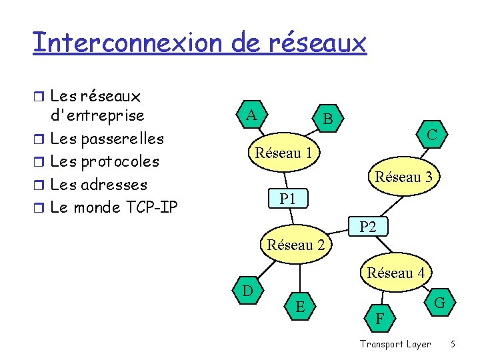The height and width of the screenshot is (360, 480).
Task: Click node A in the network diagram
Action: (x=251, y=115)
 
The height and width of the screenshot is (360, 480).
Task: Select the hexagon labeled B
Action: (x=327, y=119)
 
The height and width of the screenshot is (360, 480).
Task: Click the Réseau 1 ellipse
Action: (x=283, y=153)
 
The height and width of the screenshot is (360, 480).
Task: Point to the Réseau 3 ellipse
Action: (x=403, y=177)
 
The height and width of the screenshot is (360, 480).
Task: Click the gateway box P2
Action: (x=368, y=227)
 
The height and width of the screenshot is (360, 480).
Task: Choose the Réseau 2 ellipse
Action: (x=295, y=245)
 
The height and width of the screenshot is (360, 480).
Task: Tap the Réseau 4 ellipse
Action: (x=395, y=273)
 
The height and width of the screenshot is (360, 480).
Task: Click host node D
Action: (x=247, y=291)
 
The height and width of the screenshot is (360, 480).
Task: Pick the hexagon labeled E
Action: (x=301, y=306)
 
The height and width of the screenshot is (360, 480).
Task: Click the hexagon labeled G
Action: (x=439, y=303)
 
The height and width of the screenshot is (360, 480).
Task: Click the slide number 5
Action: (x=453, y=344)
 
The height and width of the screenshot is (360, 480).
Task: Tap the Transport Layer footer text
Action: (x=395, y=344)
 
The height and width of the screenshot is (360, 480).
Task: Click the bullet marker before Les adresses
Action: (x=41, y=185)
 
